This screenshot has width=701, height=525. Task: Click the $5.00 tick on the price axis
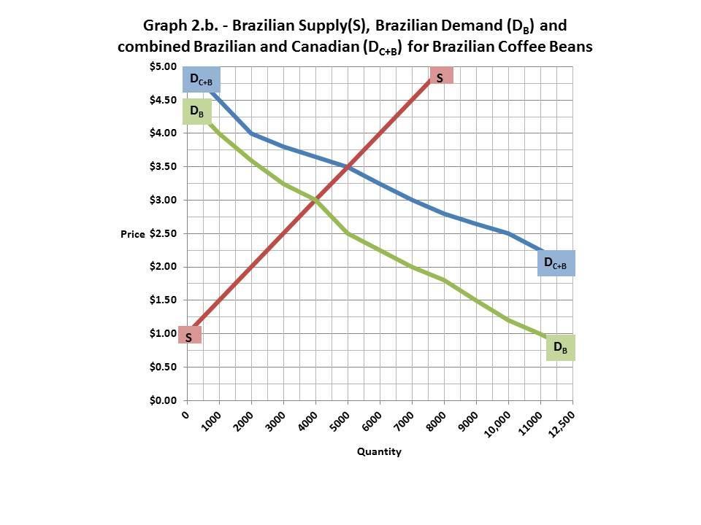pos(162,66)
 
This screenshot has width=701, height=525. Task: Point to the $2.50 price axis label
pos(162,233)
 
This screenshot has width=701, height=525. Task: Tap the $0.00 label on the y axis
pos(162,400)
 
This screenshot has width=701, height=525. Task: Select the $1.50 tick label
pos(162,300)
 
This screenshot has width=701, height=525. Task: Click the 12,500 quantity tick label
pos(560,422)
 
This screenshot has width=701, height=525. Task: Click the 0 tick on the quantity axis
pos(185,413)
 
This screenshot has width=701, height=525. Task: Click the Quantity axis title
pos(379,451)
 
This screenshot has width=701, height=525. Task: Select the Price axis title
pos(133,234)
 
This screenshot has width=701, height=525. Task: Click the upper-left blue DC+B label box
pos(201,79)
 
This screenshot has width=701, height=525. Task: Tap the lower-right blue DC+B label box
pos(556,262)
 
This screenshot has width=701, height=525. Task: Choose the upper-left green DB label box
pos(197,112)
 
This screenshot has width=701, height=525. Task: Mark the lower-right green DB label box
pos(560,348)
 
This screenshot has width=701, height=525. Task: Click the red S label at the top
pos(440,77)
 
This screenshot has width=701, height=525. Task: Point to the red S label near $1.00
pos(188,336)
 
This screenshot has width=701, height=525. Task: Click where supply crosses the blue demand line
pos(348,167)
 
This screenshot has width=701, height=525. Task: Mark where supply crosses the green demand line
pos(315,200)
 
